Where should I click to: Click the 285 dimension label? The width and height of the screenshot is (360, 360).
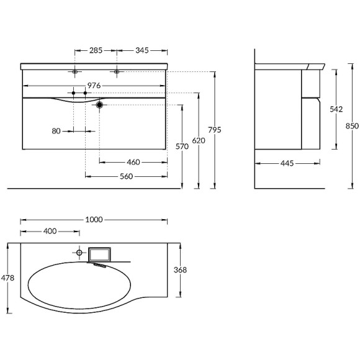coord(95,49)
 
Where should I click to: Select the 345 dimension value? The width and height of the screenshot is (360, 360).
coord(142,49)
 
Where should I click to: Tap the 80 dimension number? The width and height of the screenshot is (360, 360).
coord(57,130)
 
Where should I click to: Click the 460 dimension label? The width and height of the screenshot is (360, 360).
coord(133,162)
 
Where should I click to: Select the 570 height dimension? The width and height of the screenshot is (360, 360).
coord(182,146)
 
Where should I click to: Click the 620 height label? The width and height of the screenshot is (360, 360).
coord(198,141)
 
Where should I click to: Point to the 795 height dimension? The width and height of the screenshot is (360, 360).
coord(215,130)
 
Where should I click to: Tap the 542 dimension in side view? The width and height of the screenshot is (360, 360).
coord(336,109)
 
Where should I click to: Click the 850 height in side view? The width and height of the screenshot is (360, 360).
coord(351,125)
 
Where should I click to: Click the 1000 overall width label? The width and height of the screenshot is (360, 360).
coord(94,219)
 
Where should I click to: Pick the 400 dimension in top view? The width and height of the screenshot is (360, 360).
coord(50,232)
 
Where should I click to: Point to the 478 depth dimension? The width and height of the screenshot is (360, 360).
coord(7,277)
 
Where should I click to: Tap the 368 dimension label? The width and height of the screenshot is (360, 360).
coord(180,270)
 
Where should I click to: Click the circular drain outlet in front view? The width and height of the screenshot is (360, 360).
coord(99,106)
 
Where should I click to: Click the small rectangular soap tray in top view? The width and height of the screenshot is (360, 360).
coord(99,253)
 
